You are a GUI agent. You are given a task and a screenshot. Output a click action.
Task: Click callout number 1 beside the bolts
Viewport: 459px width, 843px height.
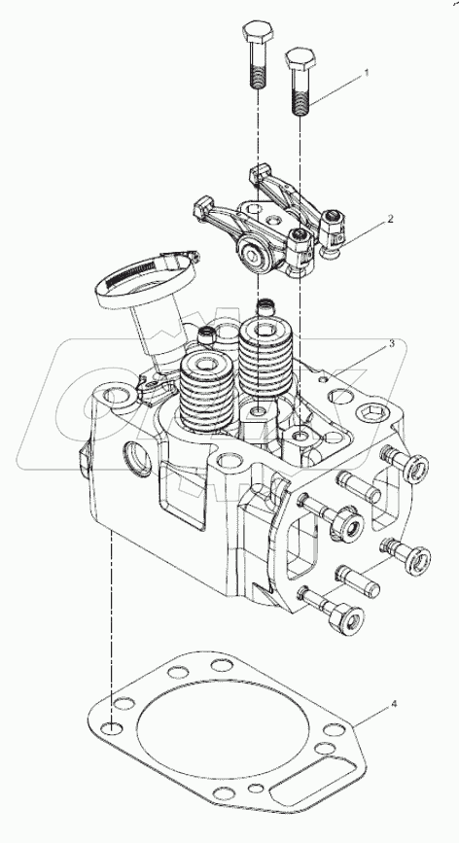[367, 73]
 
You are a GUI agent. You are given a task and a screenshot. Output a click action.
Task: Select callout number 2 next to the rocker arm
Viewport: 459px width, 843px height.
[390, 220]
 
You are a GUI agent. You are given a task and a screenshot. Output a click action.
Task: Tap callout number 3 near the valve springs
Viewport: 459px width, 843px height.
[391, 343]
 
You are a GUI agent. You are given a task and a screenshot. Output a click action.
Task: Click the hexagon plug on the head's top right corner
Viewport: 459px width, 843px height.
[372, 419]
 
